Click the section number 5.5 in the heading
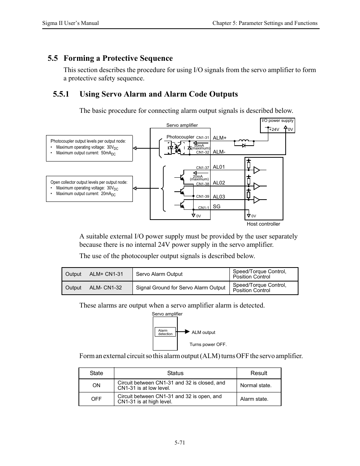point(53,58)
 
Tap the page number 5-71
point(180,443)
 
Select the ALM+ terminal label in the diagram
point(220,138)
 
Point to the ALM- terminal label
point(219,152)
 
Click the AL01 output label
point(219,167)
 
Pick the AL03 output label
point(219,197)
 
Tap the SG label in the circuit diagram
point(217,206)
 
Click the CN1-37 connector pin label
point(203,168)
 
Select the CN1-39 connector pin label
point(203,197)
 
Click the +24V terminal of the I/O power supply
point(274,129)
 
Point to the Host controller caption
point(263,224)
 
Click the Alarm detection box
point(165,332)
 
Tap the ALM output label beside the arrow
point(203,332)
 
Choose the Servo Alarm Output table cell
point(159,274)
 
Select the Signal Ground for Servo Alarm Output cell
point(180,288)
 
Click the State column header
point(96,373)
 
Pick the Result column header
point(259,373)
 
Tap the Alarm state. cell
point(254,399)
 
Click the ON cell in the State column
point(96,385)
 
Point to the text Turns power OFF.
point(208,345)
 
